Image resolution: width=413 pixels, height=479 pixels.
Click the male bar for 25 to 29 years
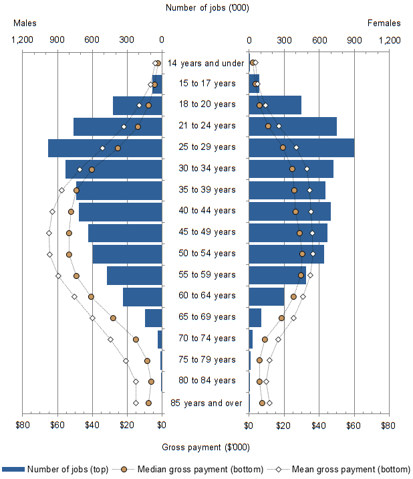click(x=105, y=148)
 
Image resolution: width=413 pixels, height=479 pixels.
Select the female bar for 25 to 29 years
click(x=301, y=148)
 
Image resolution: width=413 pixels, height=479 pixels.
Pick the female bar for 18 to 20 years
click(x=275, y=105)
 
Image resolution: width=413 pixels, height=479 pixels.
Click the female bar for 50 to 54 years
click(x=286, y=254)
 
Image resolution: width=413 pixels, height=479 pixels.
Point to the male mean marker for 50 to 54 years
click(x=49, y=254)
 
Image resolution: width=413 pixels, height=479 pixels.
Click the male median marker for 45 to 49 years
click(x=69, y=233)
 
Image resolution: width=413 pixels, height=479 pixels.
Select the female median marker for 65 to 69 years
click(x=281, y=318)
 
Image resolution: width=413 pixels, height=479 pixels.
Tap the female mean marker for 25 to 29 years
click(x=296, y=147)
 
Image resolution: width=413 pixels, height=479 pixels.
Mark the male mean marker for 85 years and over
click(x=136, y=403)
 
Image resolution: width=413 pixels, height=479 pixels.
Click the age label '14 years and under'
click(x=205, y=63)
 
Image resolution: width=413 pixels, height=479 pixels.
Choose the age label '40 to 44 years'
click(x=207, y=211)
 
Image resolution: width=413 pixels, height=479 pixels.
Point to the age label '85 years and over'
click(x=206, y=403)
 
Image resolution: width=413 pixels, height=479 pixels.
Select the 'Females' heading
click(x=384, y=23)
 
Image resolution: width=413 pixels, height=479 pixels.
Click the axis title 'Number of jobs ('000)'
click(x=205, y=8)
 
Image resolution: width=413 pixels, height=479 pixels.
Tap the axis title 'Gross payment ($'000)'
click(x=205, y=448)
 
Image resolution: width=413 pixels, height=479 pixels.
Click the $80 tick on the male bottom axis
click(x=23, y=425)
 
